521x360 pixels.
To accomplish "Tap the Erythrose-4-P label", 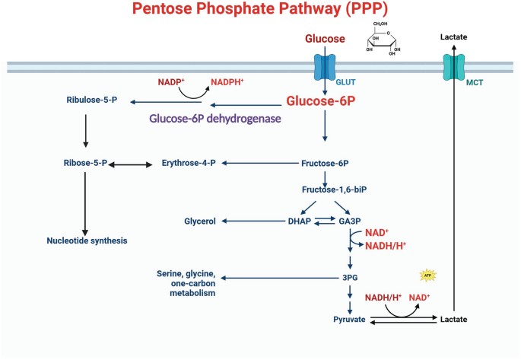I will tap(189, 162).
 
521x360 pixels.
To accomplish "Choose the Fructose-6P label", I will tap(326, 162).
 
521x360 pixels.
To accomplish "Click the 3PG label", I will tap(349, 278).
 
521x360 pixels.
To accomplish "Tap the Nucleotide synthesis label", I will tap(85, 241).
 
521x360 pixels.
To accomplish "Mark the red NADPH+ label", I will tap(233, 81).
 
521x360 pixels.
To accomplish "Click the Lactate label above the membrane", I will tap(454, 37).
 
